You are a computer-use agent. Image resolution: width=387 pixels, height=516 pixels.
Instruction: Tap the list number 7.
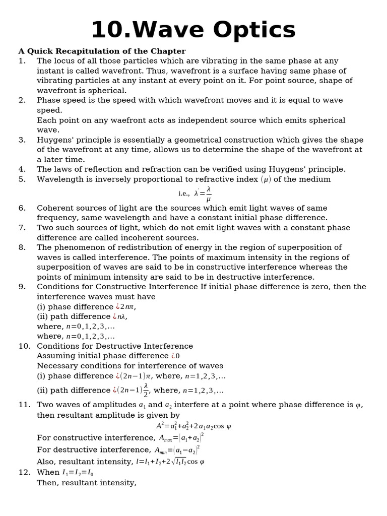tap(22, 228)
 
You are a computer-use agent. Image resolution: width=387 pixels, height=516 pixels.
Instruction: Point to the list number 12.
tap(24, 473)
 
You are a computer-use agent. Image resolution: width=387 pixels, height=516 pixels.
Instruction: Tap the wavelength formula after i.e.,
tap(203, 193)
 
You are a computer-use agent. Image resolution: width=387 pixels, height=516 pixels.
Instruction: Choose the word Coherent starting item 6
tap(55, 208)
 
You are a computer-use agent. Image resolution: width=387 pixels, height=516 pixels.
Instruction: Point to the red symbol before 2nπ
tap(117, 307)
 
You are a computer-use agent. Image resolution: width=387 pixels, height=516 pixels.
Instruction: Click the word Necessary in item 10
tap(56, 366)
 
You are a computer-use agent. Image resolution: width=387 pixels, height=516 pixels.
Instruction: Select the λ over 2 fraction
tap(146, 390)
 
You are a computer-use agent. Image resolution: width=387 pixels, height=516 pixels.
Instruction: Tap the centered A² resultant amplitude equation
tap(193, 426)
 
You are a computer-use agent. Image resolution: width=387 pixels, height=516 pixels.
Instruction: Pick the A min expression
tap(177, 450)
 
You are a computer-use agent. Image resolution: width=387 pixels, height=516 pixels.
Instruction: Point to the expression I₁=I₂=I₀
tap(78, 473)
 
